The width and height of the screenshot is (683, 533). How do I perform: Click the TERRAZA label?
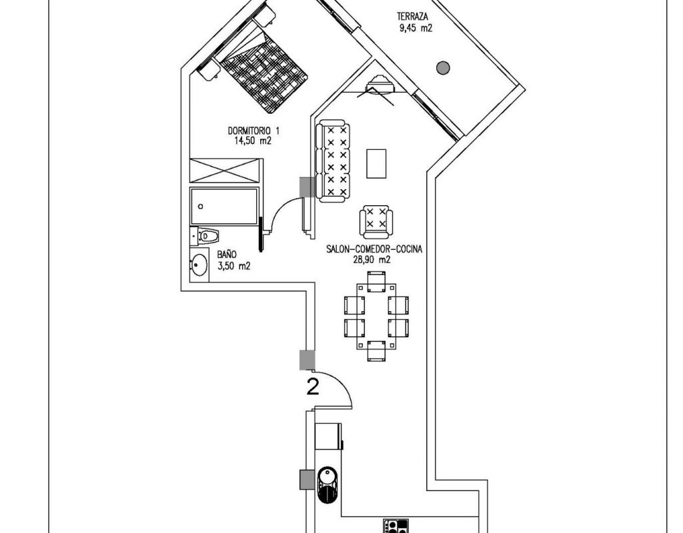click(412, 17)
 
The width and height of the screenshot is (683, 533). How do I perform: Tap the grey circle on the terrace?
click(443, 67)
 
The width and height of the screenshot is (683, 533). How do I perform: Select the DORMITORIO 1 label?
click(254, 131)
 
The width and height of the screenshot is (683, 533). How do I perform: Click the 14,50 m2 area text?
click(253, 141)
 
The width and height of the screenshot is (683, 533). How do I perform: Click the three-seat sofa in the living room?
click(333, 162)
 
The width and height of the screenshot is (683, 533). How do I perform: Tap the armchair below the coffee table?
click(376, 221)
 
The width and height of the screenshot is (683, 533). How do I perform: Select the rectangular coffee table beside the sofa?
click(376, 164)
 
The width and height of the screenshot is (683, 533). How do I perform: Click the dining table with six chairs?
click(376, 316)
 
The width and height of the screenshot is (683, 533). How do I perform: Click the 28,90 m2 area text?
click(372, 260)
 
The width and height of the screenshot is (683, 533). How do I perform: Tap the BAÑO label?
click(227, 255)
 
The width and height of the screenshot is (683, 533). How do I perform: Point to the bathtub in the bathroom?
click(224, 207)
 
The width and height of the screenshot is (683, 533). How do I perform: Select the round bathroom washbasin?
click(199, 264)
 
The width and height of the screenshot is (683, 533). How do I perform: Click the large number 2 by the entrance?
click(313, 386)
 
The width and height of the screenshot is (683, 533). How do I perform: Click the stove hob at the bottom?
click(396, 526)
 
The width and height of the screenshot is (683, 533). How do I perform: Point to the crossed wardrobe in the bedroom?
click(226, 171)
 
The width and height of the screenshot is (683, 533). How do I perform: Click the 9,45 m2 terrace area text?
click(416, 29)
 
